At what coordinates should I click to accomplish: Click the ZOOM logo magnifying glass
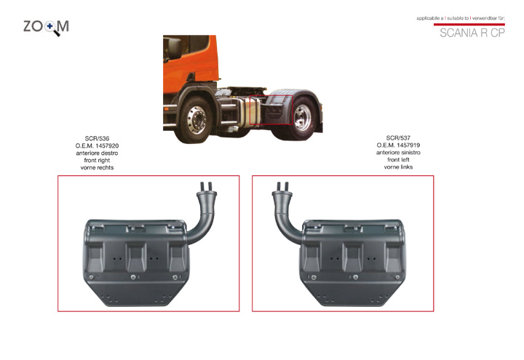pos(51,28)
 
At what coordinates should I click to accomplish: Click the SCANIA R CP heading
pos(472,33)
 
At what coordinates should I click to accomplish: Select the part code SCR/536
pos(97,138)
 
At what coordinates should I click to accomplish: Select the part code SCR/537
pos(398,137)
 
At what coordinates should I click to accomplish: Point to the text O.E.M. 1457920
pos(97,145)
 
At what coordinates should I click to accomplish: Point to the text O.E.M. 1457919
pos(398,145)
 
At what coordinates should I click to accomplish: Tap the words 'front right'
pos(97,160)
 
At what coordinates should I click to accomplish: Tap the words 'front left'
pos(398,159)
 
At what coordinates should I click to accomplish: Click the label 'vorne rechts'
pos(97,168)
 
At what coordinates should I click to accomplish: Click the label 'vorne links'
pos(398,167)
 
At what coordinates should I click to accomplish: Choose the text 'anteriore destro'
pos(97,153)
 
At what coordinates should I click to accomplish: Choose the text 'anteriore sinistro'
pos(398,152)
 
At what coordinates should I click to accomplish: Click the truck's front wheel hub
pos(196,119)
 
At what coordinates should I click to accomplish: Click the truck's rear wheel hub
pos(303,118)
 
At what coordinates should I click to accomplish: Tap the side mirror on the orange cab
pos(174,49)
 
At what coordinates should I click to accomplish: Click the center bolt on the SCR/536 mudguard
pos(133,277)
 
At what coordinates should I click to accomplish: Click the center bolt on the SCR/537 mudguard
pos(355,277)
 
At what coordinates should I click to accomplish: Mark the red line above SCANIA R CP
pos(469,25)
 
